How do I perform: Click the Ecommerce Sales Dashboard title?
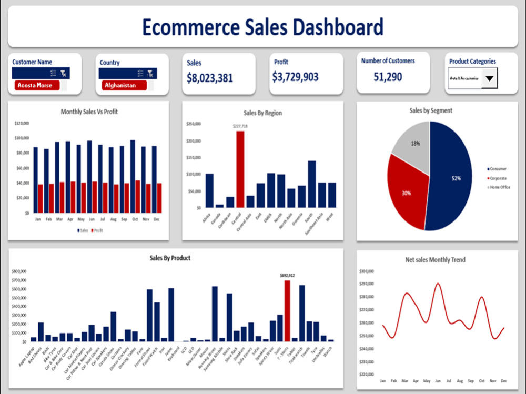coord(262,26)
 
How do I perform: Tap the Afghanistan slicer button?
coord(123,85)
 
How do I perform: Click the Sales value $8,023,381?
coord(210,78)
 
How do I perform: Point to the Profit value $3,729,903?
coord(295,77)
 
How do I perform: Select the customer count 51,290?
coord(388,77)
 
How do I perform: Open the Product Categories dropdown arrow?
coord(489,79)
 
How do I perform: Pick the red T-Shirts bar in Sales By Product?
coord(287,310)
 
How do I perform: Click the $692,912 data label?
coord(287,275)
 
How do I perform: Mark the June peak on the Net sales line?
coord(438,284)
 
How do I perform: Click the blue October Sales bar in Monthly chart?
coord(133,176)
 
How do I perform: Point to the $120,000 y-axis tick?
coord(22,124)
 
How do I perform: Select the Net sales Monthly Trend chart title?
coord(435,260)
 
